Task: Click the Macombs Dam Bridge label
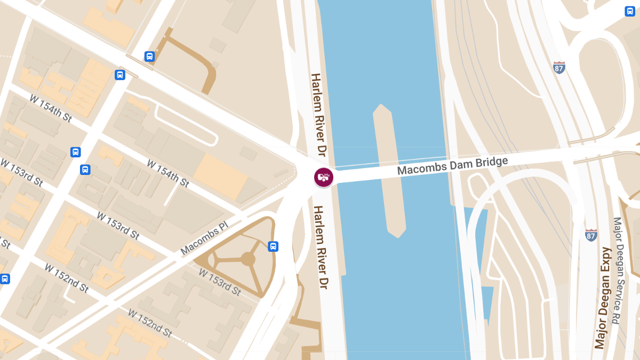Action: pyautogui.click(x=452, y=166)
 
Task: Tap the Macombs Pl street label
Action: pyautogui.click(x=204, y=238)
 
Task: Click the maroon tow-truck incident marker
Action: pyautogui.click(x=323, y=177)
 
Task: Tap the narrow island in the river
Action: pyautogui.click(x=390, y=171)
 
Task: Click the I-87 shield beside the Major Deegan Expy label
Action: pyautogui.click(x=590, y=235)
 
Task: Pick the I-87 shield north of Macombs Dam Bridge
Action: pyautogui.click(x=559, y=68)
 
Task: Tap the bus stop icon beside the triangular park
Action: pyautogui.click(x=273, y=246)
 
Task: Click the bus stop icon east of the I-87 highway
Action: pyautogui.click(x=630, y=11)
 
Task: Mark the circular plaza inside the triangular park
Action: pyautogui.click(x=248, y=260)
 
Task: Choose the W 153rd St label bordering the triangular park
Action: pyautogui.click(x=220, y=282)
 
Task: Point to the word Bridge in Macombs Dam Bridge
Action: pyautogui.click(x=489, y=162)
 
